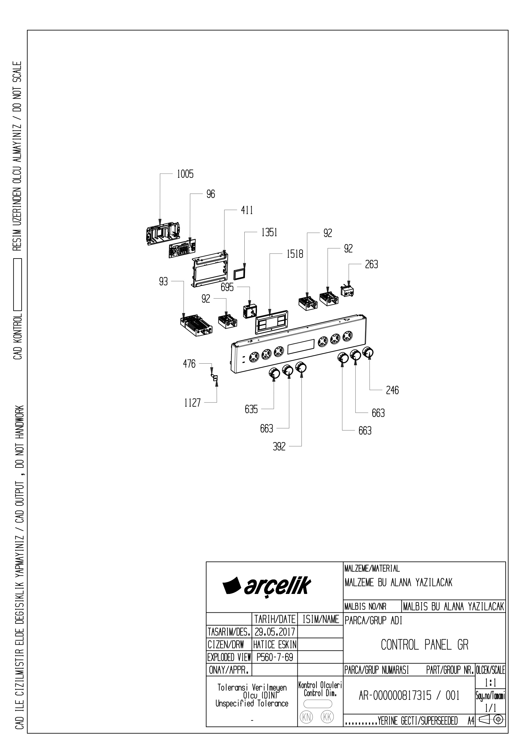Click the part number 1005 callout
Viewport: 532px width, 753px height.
coord(185,174)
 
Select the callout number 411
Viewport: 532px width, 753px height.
coord(247,210)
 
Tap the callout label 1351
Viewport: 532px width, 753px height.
coord(269,232)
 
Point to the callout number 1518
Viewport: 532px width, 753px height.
coord(295,254)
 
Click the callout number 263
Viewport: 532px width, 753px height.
coord(371,264)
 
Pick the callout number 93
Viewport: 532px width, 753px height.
coord(163,281)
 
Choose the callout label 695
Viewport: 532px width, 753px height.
coord(227,287)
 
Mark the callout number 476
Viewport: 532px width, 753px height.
coord(189,364)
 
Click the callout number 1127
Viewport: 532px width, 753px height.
coord(192,403)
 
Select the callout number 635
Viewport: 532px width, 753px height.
coord(251,409)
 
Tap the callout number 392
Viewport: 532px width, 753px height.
coord(279,447)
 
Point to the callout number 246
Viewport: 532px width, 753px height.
coord(392,390)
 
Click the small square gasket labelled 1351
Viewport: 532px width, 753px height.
coord(239,272)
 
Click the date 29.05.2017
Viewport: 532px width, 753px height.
coord(275,632)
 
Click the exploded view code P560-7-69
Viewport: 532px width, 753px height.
coord(275,657)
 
